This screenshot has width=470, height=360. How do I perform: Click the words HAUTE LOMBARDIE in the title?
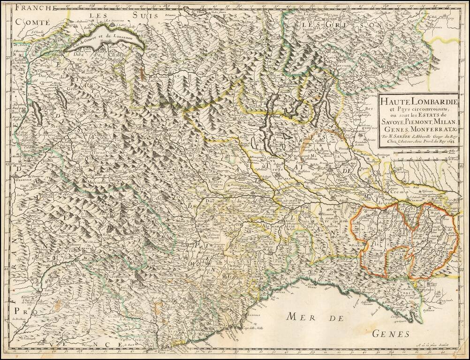point(413,99)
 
